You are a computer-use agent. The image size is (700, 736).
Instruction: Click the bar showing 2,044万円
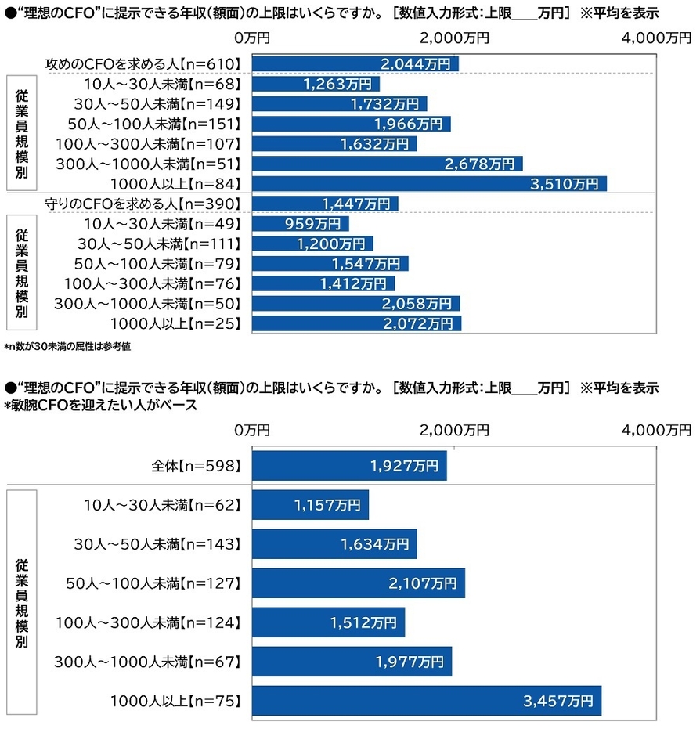coord(355,63)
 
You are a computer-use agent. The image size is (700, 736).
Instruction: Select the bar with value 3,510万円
coord(429,184)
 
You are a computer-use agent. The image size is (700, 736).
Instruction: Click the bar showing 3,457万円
coord(426,700)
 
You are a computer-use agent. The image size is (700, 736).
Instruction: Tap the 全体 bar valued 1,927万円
coord(348,465)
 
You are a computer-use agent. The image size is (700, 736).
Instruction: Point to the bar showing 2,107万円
coord(358,583)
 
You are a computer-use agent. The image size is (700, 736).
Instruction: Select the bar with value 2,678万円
coord(387,164)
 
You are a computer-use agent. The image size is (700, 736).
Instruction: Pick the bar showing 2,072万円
coord(356,323)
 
